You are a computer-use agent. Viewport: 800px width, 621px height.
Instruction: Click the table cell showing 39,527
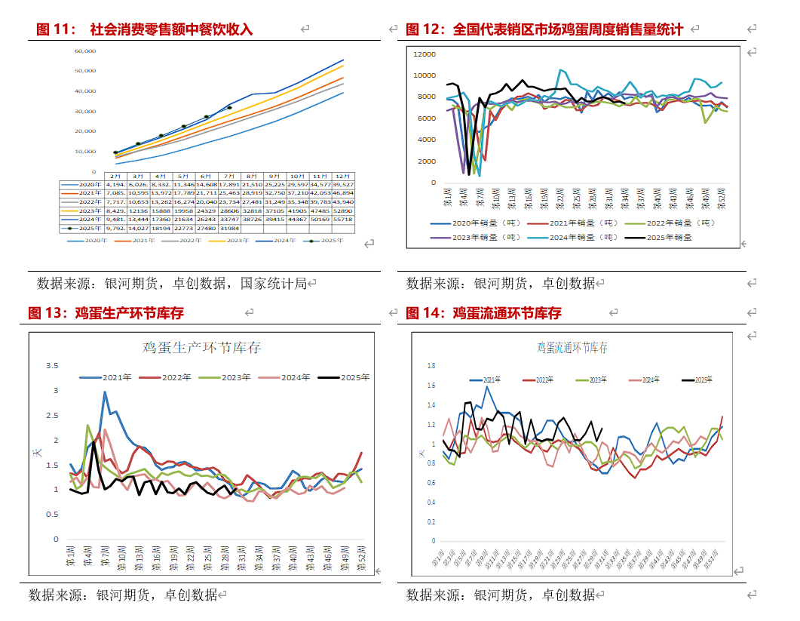click(343, 184)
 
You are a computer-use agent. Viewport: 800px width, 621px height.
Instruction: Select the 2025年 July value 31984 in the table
click(229, 228)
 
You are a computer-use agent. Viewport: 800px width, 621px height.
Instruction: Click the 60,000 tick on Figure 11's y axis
click(85, 51)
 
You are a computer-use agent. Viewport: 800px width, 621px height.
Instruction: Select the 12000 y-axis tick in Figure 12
click(425, 54)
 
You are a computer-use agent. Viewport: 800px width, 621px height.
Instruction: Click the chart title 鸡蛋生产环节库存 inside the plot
click(202, 347)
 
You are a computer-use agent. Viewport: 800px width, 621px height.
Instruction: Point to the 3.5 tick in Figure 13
click(52, 366)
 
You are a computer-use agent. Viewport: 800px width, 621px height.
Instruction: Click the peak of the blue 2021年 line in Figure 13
click(105, 392)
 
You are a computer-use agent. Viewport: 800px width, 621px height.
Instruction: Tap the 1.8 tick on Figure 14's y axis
click(431, 366)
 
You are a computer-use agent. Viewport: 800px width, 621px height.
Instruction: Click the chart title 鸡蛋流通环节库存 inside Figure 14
click(572, 348)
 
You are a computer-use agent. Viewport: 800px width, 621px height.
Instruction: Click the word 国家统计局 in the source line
click(273, 284)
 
